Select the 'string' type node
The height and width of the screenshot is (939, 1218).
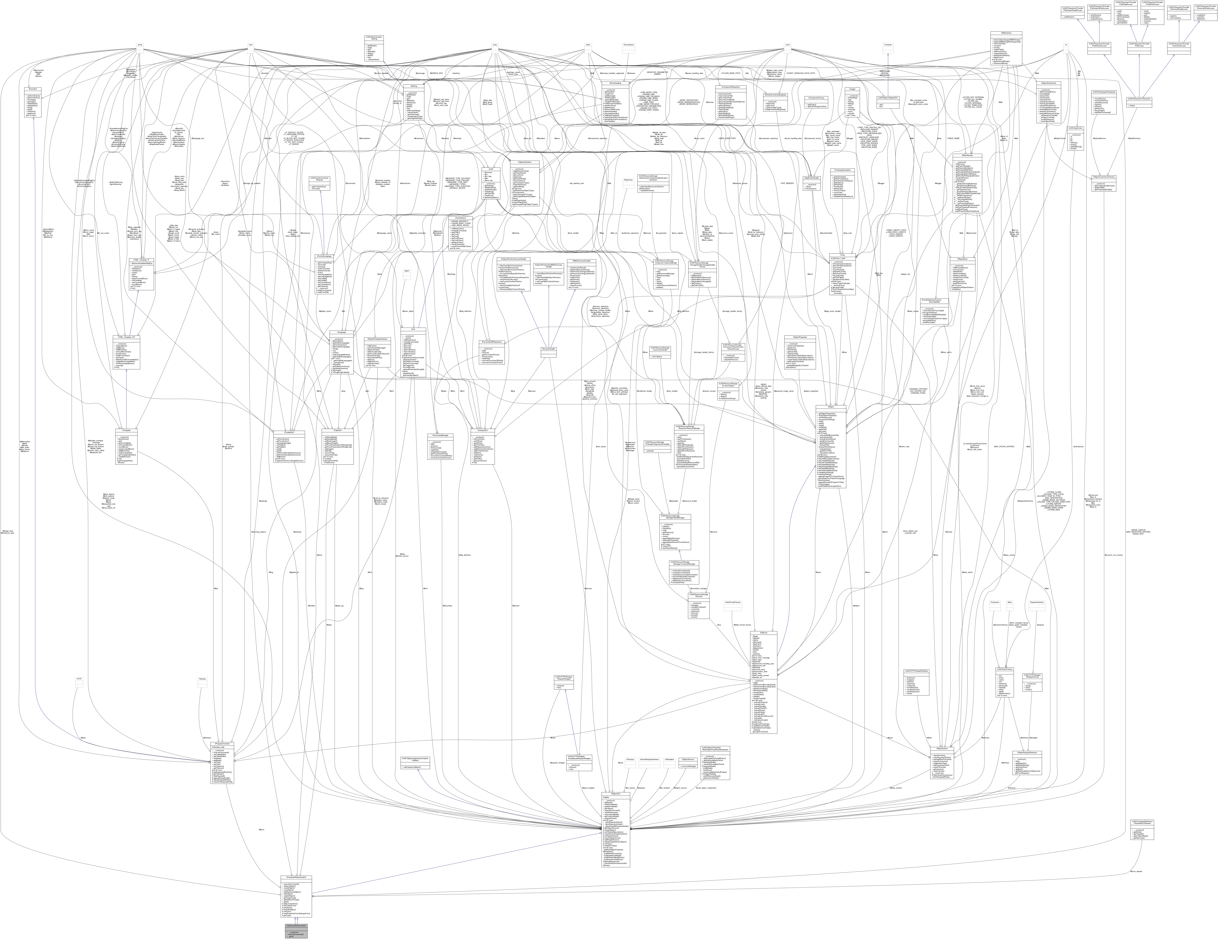pos(139,45)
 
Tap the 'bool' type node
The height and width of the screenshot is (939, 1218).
pos(251,45)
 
